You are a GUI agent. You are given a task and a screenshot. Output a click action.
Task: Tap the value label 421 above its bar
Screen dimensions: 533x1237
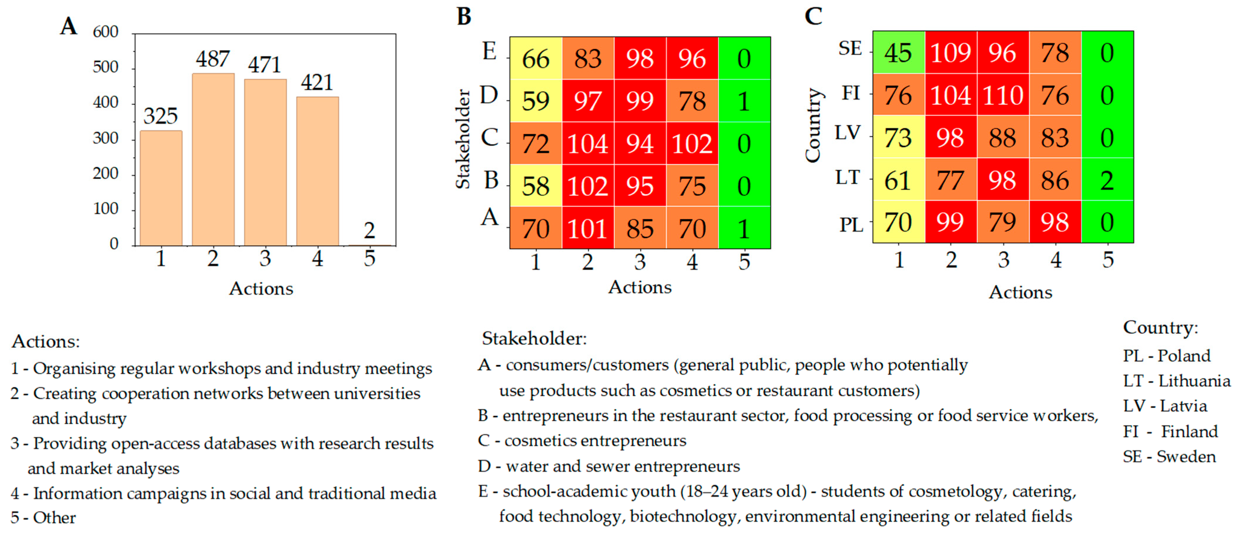tap(317, 82)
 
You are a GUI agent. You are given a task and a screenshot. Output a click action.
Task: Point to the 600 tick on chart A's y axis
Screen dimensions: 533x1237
tap(106, 32)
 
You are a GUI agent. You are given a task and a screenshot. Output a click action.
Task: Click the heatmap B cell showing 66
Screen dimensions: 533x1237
tap(536, 58)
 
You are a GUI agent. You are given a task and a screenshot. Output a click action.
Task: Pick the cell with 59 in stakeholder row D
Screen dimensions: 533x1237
tap(536, 101)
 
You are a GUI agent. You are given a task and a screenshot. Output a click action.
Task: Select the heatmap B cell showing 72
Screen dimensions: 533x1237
tap(536, 144)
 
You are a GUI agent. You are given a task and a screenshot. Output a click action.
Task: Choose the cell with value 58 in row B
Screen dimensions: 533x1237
tap(536, 186)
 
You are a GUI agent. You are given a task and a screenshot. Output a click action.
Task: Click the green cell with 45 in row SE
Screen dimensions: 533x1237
tap(899, 52)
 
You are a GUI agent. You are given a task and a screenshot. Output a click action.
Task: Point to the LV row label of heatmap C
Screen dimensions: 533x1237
tap(848, 133)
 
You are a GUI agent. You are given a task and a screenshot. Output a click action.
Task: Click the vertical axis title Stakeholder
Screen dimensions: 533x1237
tap(463, 139)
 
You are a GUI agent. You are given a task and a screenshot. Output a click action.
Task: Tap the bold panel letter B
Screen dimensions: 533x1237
tap(464, 16)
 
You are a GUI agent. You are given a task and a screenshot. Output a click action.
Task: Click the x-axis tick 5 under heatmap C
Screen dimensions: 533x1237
tap(1108, 259)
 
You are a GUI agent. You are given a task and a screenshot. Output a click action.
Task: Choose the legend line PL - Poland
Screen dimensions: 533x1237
tap(1166, 355)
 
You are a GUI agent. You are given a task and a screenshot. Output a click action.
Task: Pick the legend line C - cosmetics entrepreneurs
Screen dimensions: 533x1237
tap(582, 441)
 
